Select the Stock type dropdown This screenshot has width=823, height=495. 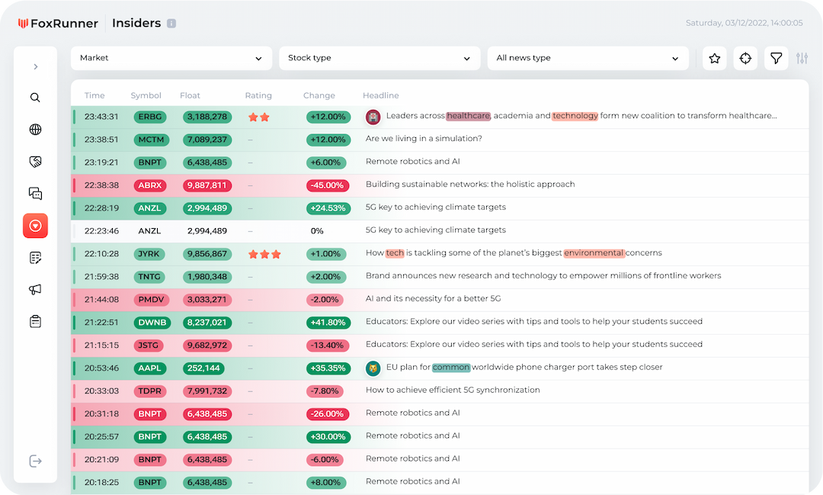(379, 58)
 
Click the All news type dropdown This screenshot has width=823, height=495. (587, 58)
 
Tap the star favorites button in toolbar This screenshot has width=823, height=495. (714, 59)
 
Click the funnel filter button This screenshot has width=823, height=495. (776, 59)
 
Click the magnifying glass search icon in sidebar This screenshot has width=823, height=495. (35, 98)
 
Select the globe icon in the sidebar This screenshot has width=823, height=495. (35, 130)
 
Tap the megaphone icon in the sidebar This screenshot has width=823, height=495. (35, 290)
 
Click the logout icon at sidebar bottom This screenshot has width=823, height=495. (35, 461)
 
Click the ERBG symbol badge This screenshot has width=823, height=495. (150, 117)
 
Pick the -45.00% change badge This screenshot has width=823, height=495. (328, 185)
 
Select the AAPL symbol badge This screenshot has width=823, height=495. (150, 368)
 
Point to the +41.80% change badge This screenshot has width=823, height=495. (328, 323)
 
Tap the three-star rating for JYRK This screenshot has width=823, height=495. (264, 254)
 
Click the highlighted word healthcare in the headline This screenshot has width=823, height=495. (468, 116)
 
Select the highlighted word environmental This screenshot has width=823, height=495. (594, 253)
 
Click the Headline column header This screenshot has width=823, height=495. (380, 95)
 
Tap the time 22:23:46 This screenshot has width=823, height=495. (101, 230)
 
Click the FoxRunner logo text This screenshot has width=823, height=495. (64, 24)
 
